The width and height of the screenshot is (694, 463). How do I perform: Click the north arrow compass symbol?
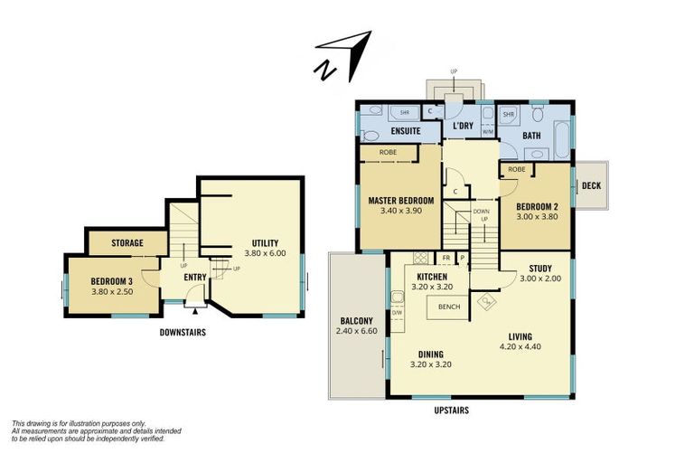[344, 53]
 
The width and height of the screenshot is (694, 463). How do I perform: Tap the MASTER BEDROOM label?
[401, 200]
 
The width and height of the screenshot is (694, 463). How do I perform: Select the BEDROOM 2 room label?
[537, 205]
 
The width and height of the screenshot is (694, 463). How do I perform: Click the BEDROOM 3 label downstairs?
[112, 280]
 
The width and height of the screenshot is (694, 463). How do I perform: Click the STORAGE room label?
[128, 243]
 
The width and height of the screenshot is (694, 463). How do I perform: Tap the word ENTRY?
[195, 278]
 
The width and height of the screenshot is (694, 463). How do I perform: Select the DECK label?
[591, 185]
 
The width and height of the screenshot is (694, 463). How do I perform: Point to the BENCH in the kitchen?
[448, 307]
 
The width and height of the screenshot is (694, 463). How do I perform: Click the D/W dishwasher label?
[397, 313]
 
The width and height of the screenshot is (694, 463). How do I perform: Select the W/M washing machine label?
[488, 132]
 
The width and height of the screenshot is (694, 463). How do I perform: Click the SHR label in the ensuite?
[392, 114]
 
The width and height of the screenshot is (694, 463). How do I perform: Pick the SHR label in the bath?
[508, 115]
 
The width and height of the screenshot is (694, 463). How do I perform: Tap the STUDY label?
[540, 268]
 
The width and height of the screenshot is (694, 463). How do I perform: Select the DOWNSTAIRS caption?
[183, 333]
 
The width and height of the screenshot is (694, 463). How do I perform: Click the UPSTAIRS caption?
[450, 410]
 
